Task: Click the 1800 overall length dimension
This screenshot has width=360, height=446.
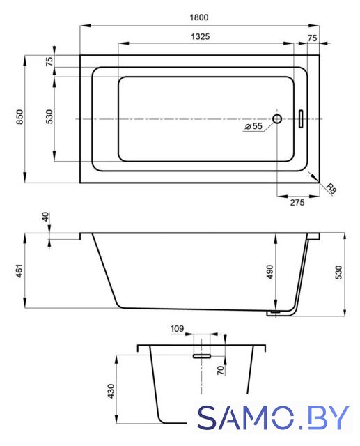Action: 199,17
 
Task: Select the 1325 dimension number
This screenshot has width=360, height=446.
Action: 201,36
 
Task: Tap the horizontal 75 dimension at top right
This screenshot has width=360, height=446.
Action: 312,38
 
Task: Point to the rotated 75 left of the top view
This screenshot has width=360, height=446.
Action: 49,61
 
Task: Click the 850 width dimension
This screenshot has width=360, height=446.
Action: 19,116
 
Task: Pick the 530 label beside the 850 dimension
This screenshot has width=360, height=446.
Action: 49,116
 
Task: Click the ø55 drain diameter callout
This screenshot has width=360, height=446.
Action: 253,125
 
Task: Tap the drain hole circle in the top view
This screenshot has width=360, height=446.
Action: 277,118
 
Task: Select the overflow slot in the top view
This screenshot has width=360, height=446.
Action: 301,119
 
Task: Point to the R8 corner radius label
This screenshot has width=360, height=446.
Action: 331,188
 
